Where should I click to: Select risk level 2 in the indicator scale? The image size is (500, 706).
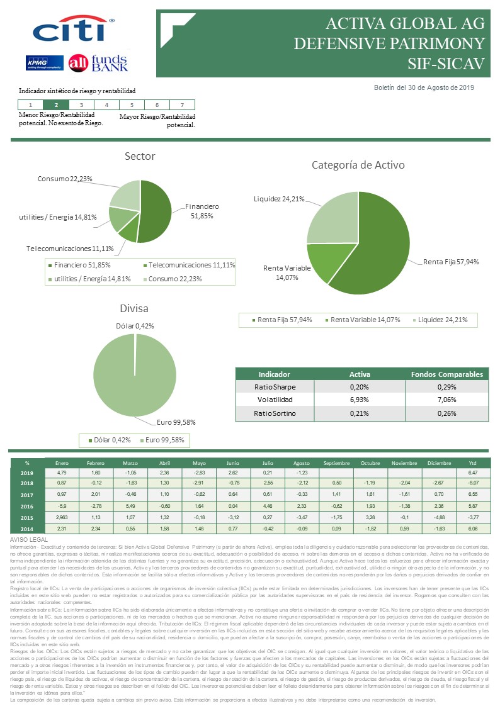[x=56, y=105]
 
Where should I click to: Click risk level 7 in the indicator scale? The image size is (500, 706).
[x=182, y=105]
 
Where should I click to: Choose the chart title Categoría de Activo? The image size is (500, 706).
[x=358, y=165]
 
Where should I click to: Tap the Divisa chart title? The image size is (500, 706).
[x=134, y=308]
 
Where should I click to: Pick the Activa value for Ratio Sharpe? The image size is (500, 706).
[x=360, y=386]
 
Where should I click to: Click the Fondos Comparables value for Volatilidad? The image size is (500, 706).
[x=446, y=400]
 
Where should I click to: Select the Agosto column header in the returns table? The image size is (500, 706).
[x=302, y=463]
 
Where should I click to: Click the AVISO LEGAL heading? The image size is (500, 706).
[x=30, y=540]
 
